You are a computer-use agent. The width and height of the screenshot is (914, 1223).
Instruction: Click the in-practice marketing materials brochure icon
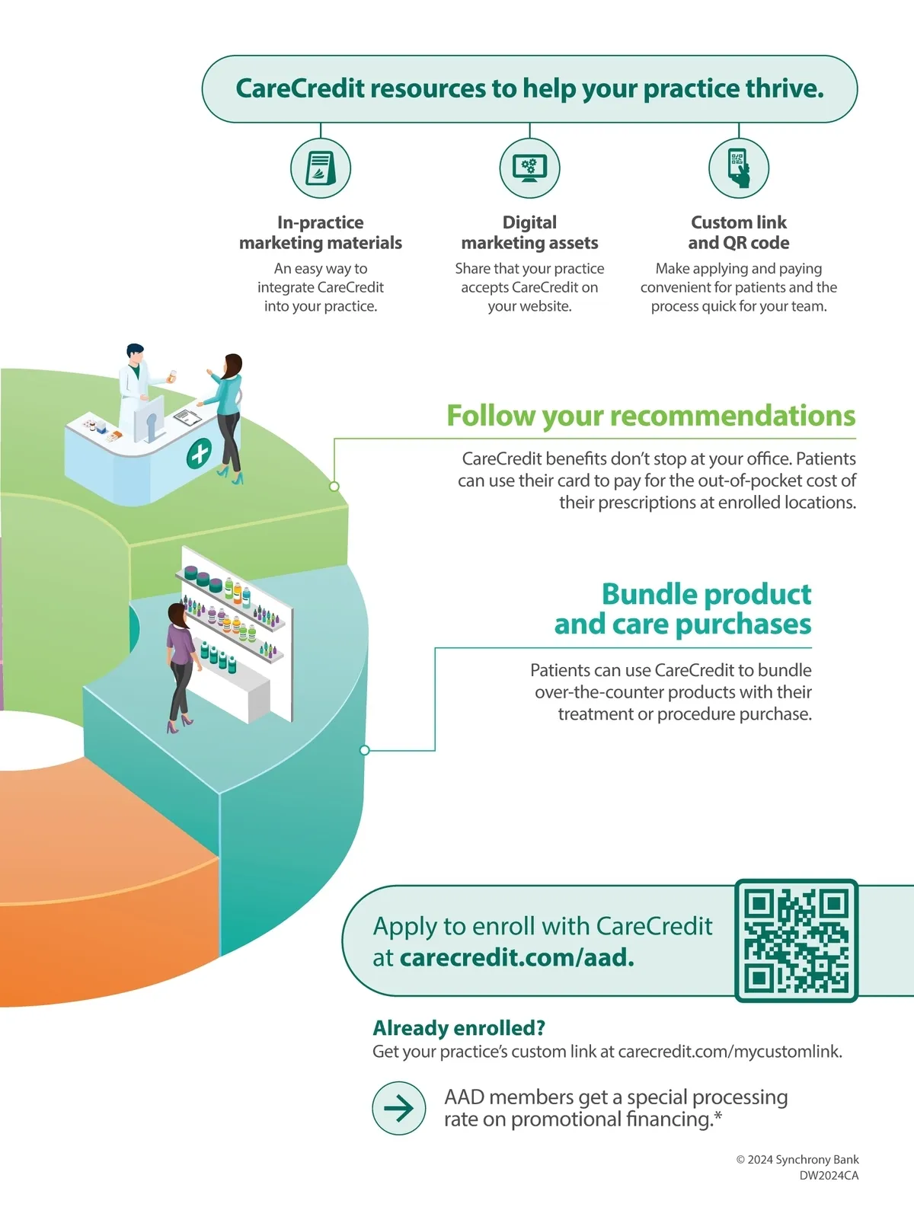(321, 168)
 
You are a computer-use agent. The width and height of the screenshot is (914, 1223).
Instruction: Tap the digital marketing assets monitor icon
(529, 168)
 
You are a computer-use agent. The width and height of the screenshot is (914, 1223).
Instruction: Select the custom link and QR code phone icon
(738, 168)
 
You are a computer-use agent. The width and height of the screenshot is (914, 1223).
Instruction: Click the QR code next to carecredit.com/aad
(796, 941)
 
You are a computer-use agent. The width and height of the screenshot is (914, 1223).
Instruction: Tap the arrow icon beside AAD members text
(398, 1108)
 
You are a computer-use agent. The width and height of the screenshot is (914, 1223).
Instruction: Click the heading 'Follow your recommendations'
(650, 416)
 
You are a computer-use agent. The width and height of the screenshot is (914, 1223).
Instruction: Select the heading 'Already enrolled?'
(459, 1028)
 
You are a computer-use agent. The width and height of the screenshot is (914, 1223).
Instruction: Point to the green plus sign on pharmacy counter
(200, 453)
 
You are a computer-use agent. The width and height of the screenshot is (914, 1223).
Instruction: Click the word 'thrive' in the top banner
(784, 89)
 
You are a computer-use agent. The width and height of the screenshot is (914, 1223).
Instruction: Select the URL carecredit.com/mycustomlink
(729, 1052)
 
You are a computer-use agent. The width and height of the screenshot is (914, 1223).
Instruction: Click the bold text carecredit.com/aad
(516, 957)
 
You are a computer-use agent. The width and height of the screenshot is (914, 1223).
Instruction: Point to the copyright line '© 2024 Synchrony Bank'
(797, 1160)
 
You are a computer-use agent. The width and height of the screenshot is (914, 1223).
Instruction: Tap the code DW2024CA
(829, 1176)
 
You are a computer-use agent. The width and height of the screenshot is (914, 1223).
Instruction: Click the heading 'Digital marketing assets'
(529, 232)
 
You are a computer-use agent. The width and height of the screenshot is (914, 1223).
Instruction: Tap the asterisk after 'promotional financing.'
(717, 1116)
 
